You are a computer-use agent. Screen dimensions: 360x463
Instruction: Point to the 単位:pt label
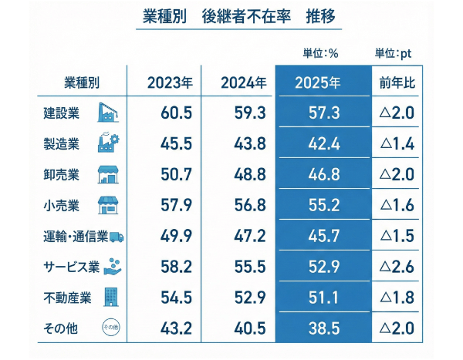[x=394, y=53]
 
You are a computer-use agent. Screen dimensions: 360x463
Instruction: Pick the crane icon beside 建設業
[x=111, y=113]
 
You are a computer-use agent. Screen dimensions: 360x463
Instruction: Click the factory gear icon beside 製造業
[x=111, y=143]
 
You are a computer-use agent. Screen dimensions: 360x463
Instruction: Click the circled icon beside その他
[x=111, y=328]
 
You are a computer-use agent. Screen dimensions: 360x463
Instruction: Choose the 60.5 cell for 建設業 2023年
[x=176, y=113]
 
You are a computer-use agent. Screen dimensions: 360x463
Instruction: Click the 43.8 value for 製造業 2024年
[x=249, y=144]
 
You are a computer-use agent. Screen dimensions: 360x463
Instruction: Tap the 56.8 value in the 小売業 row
[x=249, y=206]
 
